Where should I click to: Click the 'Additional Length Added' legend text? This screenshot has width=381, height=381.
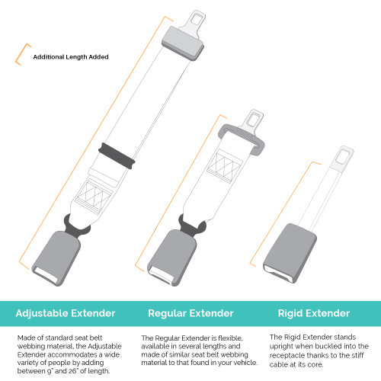(x=70, y=57)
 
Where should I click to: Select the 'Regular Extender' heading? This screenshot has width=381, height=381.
(x=190, y=313)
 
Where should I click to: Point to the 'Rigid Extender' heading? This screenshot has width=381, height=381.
(x=313, y=313)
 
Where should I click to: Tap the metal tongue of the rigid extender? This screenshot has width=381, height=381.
(x=335, y=167)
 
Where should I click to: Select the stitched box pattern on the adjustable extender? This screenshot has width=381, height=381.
(x=97, y=200)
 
